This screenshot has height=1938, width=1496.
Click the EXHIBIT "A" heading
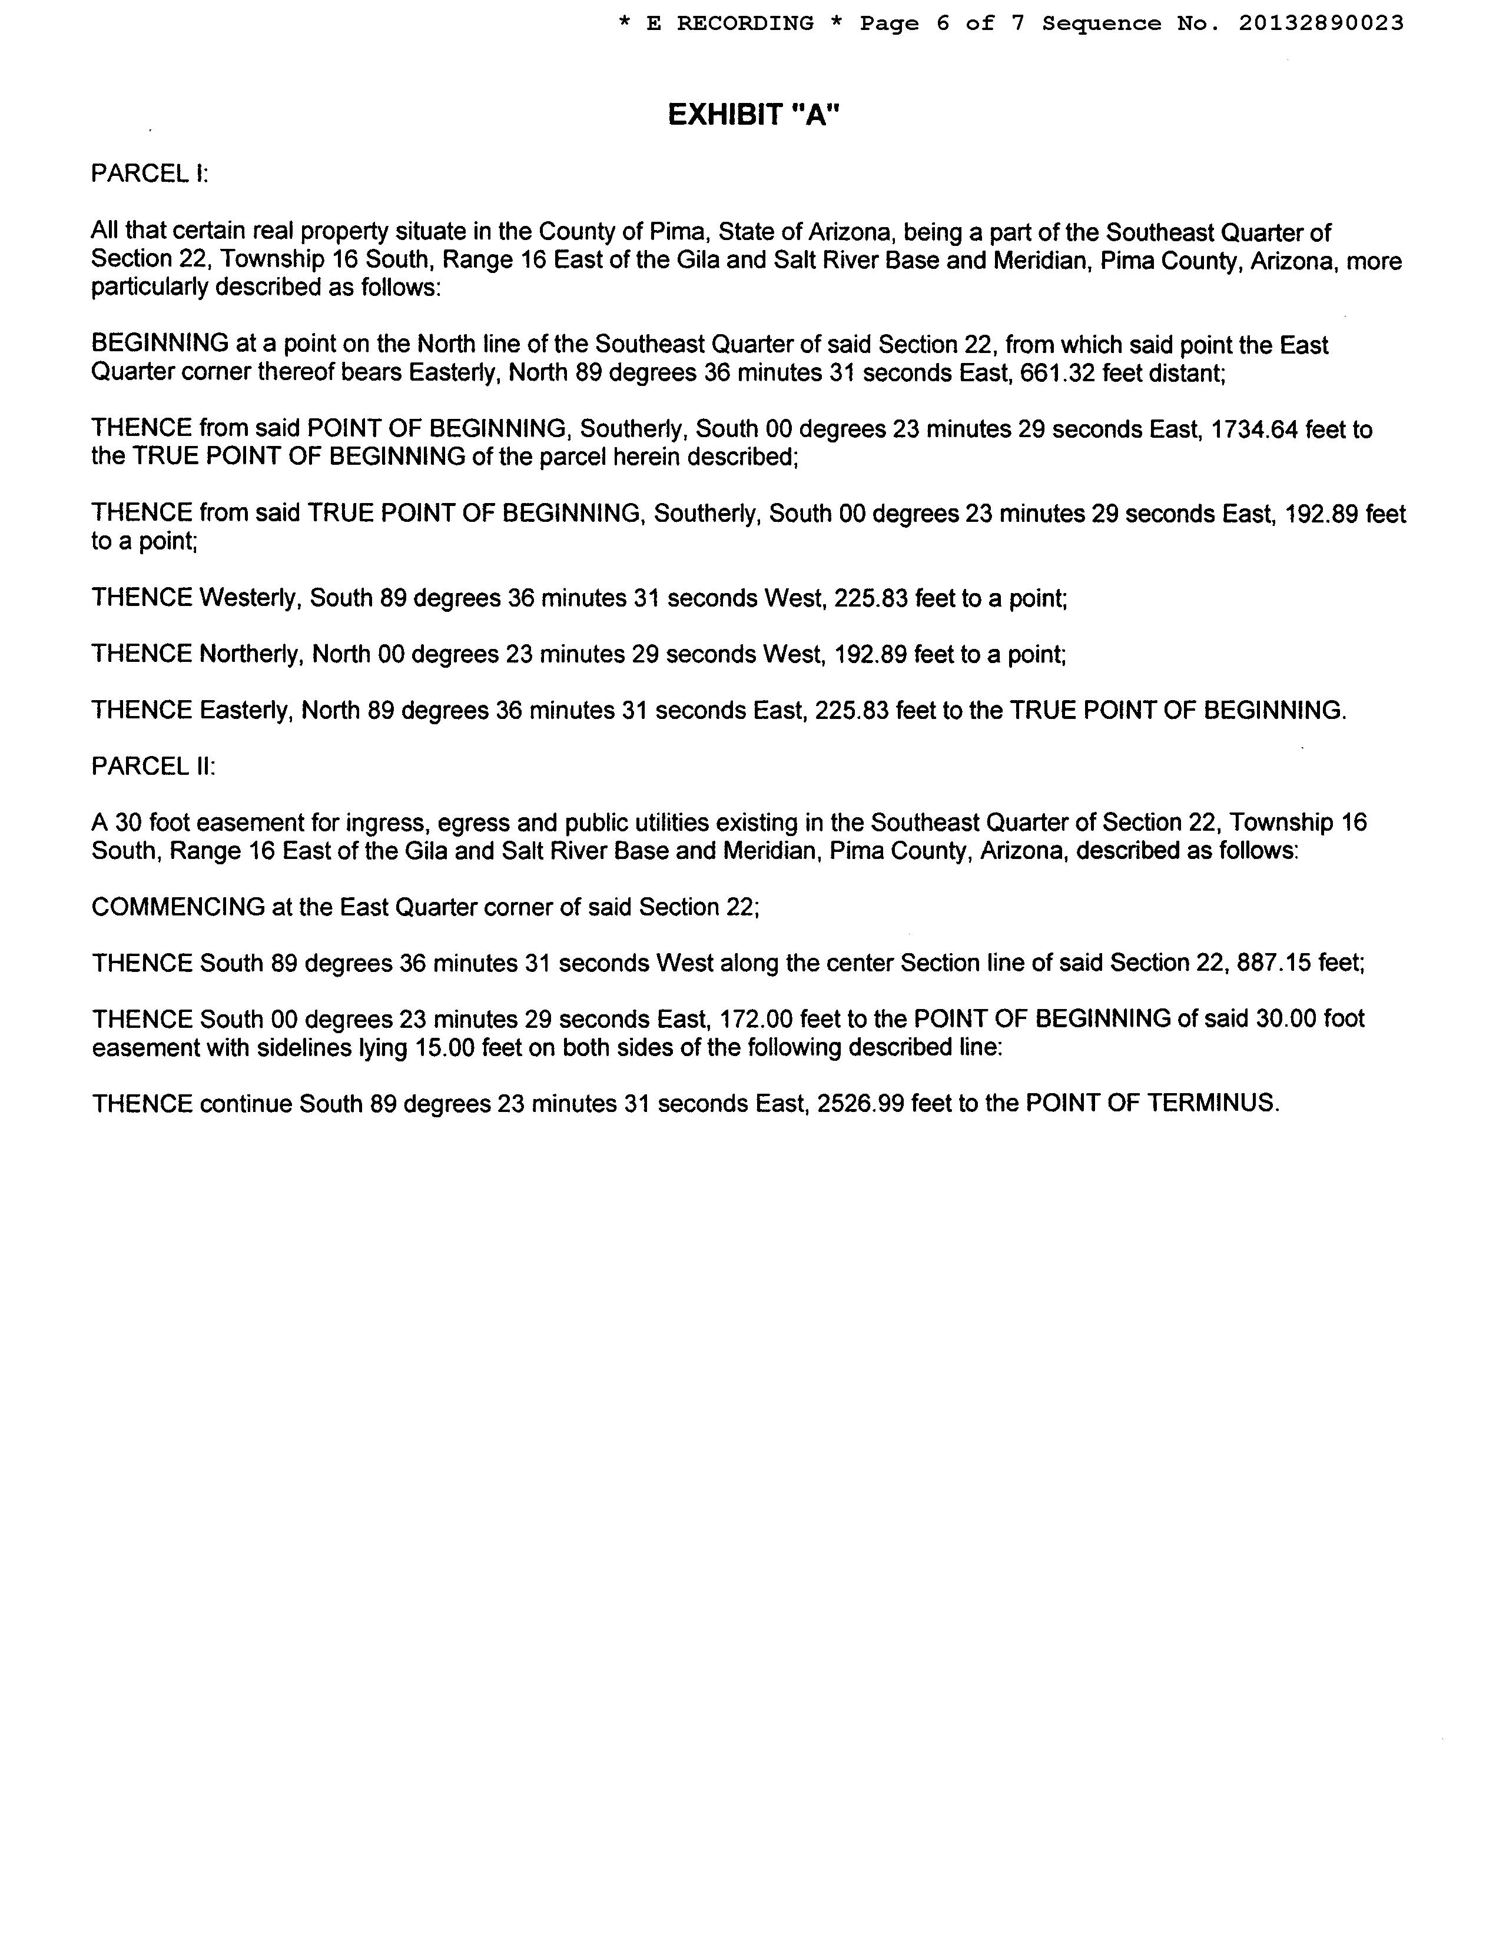tap(753, 115)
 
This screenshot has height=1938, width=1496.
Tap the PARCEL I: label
tap(149, 173)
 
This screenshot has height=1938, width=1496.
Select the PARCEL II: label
tap(152, 767)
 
